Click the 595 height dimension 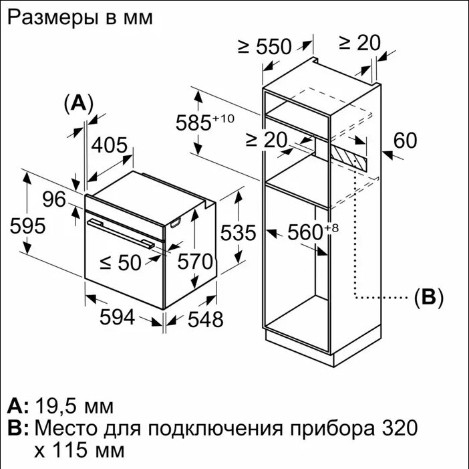click(27, 226)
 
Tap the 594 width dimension click(117, 317)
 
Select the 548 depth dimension click(205, 319)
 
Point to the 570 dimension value click(195, 262)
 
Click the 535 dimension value click(238, 232)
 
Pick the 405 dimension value click(109, 145)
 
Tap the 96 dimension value click(54, 199)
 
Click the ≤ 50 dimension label click(120, 263)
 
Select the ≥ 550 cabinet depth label click(265, 46)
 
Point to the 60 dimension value click(405, 140)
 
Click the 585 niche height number click(193, 122)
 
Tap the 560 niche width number click(305, 232)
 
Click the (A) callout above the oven click(79, 103)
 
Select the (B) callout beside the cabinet click(429, 298)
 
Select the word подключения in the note click(215, 428)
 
